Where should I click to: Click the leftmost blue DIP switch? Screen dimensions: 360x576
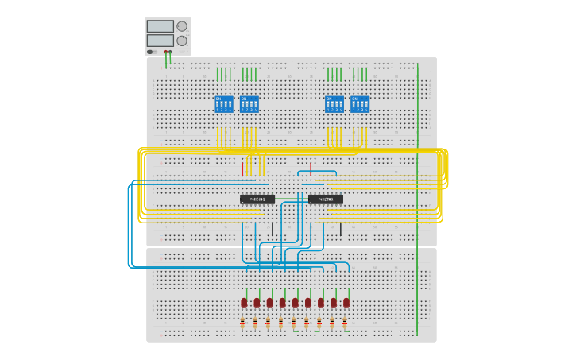pyautogui.click(x=224, y=104)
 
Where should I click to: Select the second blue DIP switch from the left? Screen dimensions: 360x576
pyautogui.click(x=249, y=104)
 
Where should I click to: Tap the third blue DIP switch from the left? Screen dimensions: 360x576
pyautogui.click(x=334, y=104)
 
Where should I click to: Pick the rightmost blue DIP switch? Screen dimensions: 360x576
pyautogui.click(x=360, y=104)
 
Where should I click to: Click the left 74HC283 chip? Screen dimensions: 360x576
pyautogui.click(x=257, y=199)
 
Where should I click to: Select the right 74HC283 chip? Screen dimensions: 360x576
pyautogui.click(x=326, y=199)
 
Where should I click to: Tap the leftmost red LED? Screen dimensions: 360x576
pyautogui.click(x=244, y=303)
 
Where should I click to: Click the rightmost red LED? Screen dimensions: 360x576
pyautogui.click(x=346, y=303)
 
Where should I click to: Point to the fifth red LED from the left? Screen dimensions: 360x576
pyautogui.click(x=295, y=303)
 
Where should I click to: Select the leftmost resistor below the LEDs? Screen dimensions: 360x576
pyautogui.click(x=242, y=323)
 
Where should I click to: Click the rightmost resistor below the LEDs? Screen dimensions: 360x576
pyautogui.click(x=345, y=323)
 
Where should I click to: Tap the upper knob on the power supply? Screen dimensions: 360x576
pyautogui.click(x=182, y=26)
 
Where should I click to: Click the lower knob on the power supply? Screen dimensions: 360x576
pyautogui.click(x=182, y=41)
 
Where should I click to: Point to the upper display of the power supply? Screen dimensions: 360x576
pyautogui.click(x=160, y=26)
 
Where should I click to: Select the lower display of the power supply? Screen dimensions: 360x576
pyautogui.click(x=160, y=41)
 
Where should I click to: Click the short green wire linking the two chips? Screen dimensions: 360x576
pyautogui.click(x=292, y=199)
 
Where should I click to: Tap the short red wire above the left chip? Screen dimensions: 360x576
pyautogui.click(x=242, y=168)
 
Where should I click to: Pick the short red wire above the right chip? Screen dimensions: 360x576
pyautogui.click(x=311, y=168)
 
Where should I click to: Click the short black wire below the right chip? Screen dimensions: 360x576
pyautogui.click(x=341, y=230)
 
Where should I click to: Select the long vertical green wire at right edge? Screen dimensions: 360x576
pyautogui.click(x=417, y=199)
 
